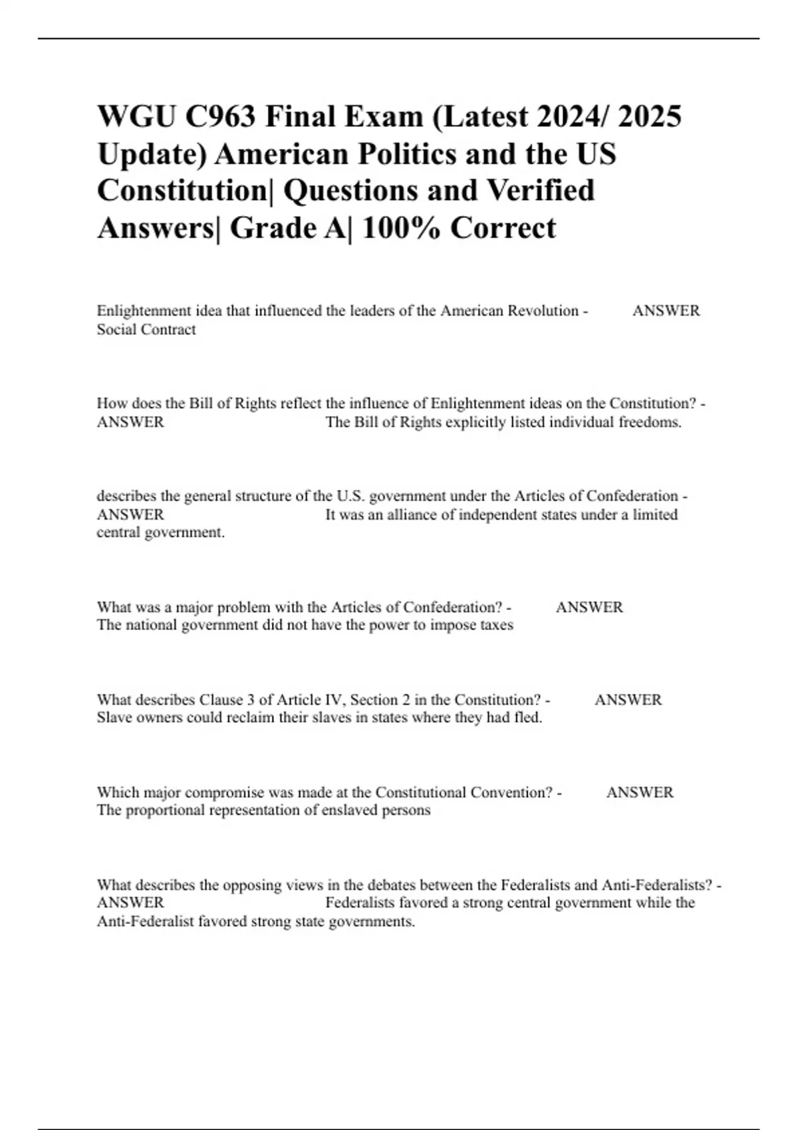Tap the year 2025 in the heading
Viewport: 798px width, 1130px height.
point(649,117)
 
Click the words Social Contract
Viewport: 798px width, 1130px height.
point(146,330)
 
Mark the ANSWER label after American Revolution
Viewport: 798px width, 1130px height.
point(666,311)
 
